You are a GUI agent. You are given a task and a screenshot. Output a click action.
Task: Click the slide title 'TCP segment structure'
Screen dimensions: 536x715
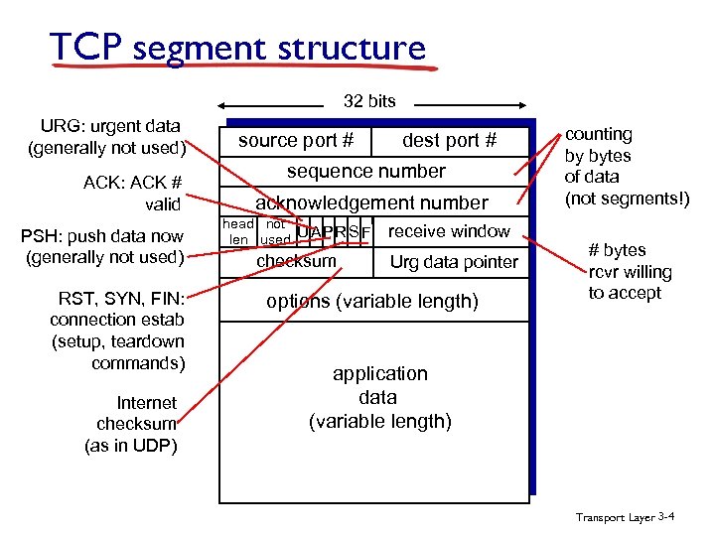click(x=237, y=48)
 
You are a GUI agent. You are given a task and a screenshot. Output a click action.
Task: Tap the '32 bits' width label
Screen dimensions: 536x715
click(x=368, y=101)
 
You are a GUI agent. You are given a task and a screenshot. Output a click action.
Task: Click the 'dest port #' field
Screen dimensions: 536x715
click(x=449, y=141)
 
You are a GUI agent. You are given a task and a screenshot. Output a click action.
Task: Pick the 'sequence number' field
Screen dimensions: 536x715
click(x=366, y=172)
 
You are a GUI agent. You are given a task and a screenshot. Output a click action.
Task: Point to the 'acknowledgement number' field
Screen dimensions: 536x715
click(x=371, y=202)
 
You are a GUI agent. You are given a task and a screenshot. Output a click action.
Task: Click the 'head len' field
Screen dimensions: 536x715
click(x=237, y=232)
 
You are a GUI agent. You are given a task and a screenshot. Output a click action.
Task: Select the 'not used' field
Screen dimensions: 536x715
click(x=275, y=232)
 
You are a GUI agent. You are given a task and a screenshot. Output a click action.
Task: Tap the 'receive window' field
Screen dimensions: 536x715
click(x=449, y=231)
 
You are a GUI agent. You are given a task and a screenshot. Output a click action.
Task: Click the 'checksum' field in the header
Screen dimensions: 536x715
click(x=296, y=261)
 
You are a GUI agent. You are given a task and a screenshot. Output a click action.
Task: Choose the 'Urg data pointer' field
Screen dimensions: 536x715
click(x=453, y=262)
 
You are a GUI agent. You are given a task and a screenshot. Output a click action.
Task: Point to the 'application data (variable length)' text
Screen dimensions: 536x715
click(x=379, y=397)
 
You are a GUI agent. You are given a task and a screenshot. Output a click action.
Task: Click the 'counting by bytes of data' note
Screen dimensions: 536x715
click(x=626, y=166)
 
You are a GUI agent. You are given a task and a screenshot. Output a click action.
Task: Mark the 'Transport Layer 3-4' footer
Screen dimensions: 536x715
click(x=626, y=517)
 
